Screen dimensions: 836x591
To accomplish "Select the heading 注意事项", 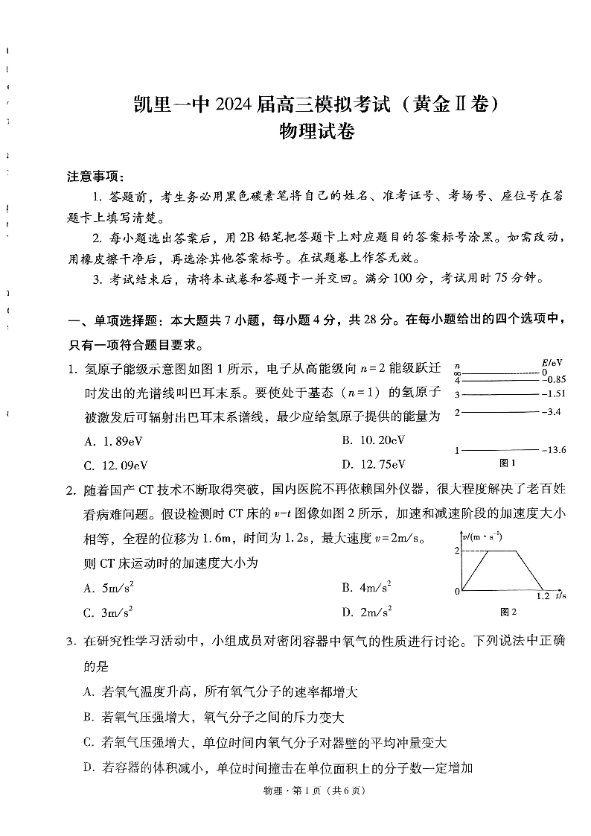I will pyautogui.click(x=96, y=177).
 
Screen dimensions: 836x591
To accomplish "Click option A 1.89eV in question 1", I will pyautogui.click(x=113, y=441).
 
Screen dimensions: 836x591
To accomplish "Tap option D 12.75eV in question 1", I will pyautogui.click(x=374, y=464).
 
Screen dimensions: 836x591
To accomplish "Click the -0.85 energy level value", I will pyautogui.click(x=554, y=379).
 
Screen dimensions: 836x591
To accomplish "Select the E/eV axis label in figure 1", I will pyautogui.click(x=552, y=363).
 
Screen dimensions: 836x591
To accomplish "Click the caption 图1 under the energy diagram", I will pyautogui.click(x=508, y=463).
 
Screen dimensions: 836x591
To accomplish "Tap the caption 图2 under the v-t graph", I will pyautogui.click(x=508, y=612).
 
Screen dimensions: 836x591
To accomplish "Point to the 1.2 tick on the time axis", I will pyautogui.click(x=543, y=596).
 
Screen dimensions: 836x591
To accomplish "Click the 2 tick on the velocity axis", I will pyautogui.click(x=457, y=551).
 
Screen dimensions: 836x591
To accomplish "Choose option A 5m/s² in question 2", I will pyautogui.click(x=109, y=588).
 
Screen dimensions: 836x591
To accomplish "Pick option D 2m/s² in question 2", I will pyautogui.click(x=366, y=612).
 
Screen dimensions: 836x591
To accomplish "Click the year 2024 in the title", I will pyautogui.click(x=236, y=106).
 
